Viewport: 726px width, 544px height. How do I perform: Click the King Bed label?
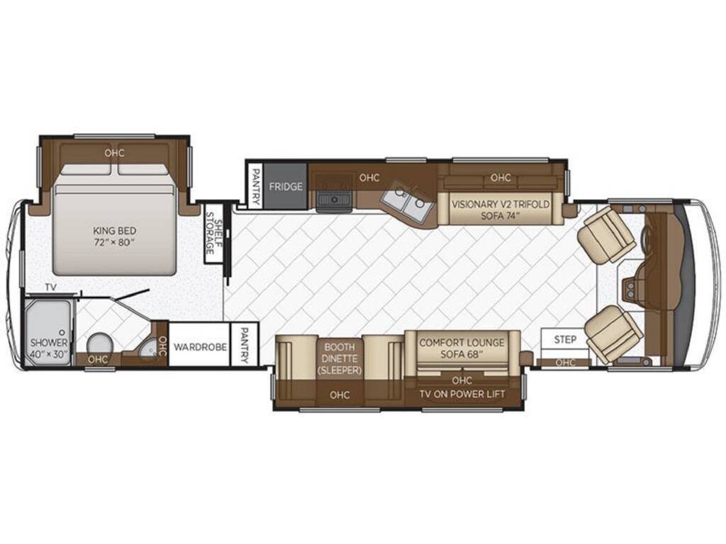tap(114, 236)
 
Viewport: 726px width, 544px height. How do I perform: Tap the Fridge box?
tap(286, 186)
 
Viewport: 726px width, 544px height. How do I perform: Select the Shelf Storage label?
tap(214, 233)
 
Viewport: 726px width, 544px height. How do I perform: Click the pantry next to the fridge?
tap(255, 186)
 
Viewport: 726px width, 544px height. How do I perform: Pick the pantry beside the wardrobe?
tap(245, 346)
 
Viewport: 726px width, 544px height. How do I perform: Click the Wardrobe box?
tap(199, 345)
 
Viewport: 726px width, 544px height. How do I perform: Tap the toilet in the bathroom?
tap(99, 345)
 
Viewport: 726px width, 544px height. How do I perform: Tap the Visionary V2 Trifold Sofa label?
tap(501, 209)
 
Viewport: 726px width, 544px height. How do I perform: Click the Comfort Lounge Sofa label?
tap(462, 348)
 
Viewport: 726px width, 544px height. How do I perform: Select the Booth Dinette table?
tap(340, 358)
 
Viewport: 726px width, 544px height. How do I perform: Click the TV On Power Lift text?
tap(462, 394)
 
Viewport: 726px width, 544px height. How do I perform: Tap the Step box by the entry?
tap(565, 340)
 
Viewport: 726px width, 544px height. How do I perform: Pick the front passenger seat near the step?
tap(613, 333)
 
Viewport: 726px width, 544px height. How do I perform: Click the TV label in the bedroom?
tap(50, 288)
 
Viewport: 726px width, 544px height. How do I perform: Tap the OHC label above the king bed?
tap(114, 153)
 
